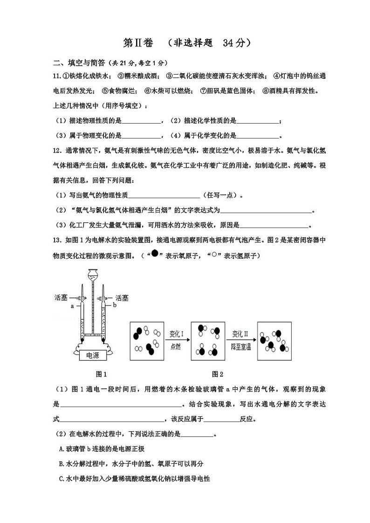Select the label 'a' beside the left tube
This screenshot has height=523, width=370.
click(72, 306)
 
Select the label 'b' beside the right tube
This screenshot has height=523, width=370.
click(114, 305)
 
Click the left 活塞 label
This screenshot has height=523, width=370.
click(62, 297)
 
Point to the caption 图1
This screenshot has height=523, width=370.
click(101, 374)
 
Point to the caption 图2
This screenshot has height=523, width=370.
click(218, 374)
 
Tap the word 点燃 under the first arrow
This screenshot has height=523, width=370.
click(176, 346)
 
